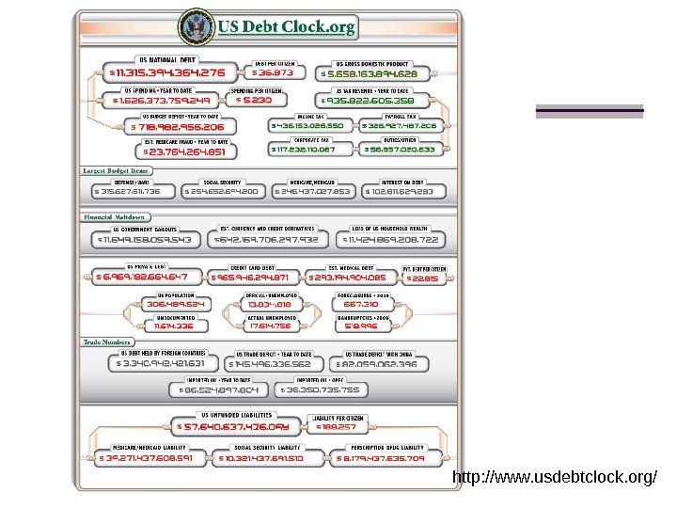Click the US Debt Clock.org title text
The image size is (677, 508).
click(287, 27)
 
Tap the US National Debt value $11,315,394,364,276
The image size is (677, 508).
click(167, 71)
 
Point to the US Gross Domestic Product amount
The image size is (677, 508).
click(369, 72)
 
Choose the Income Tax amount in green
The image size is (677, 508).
click(307, 124)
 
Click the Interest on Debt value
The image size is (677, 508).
click(402, 191)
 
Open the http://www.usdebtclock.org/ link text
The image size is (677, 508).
click(555, 478)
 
